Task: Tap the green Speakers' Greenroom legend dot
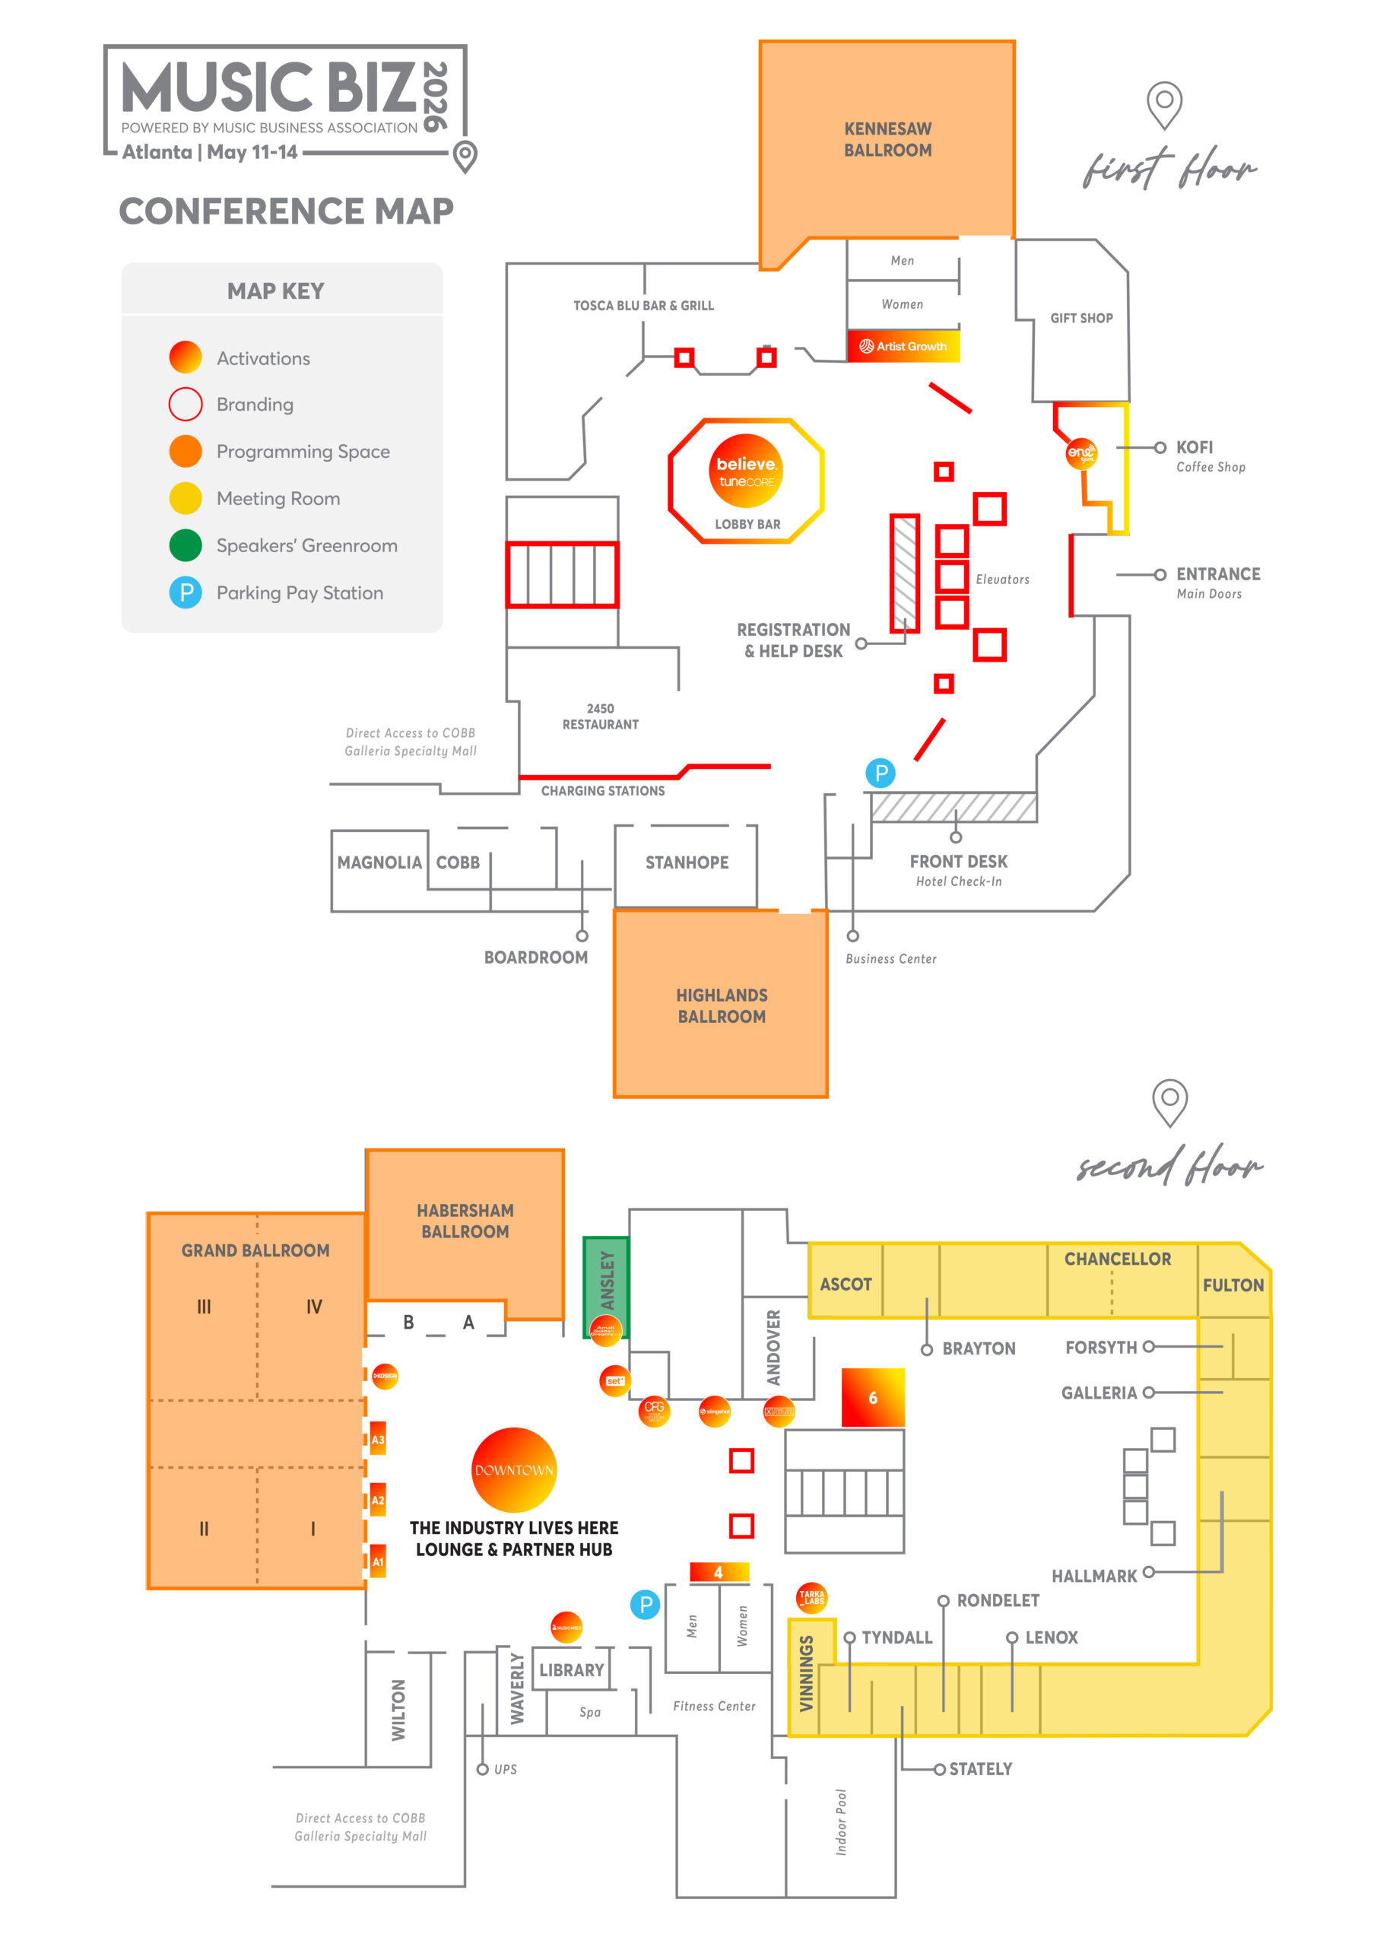point(186,545)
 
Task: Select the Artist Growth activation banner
point(903,345)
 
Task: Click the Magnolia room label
point(379,862)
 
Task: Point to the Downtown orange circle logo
point(514,1469)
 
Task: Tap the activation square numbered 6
point(872,1397)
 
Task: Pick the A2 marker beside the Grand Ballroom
point(377,1500)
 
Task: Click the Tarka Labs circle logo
point(811,1597)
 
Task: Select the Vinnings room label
point(806,1672)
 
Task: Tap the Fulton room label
point(1233,1285)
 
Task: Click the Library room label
point(571,1670)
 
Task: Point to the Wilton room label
point(399,1710)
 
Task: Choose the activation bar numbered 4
point(719,1572)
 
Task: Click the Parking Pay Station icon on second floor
point(645,1604)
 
